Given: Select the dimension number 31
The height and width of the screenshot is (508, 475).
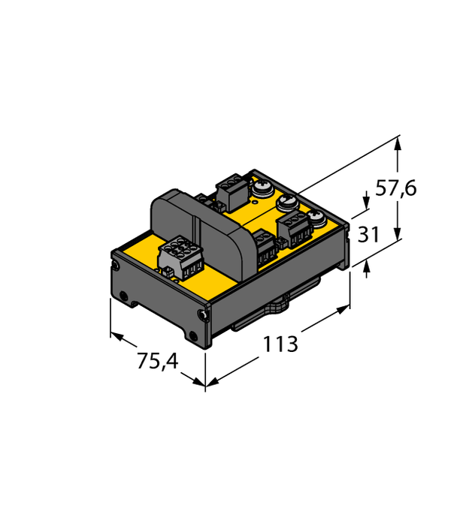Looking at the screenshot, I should pos(368,235).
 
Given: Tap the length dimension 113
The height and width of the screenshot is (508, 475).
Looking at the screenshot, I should pos(280,344).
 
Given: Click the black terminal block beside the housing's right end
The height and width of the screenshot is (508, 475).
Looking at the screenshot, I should pos(264,248).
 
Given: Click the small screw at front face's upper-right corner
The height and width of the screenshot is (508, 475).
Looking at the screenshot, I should pos(201,314).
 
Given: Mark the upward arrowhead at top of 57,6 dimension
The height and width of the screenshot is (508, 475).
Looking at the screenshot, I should pos(398,140).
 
